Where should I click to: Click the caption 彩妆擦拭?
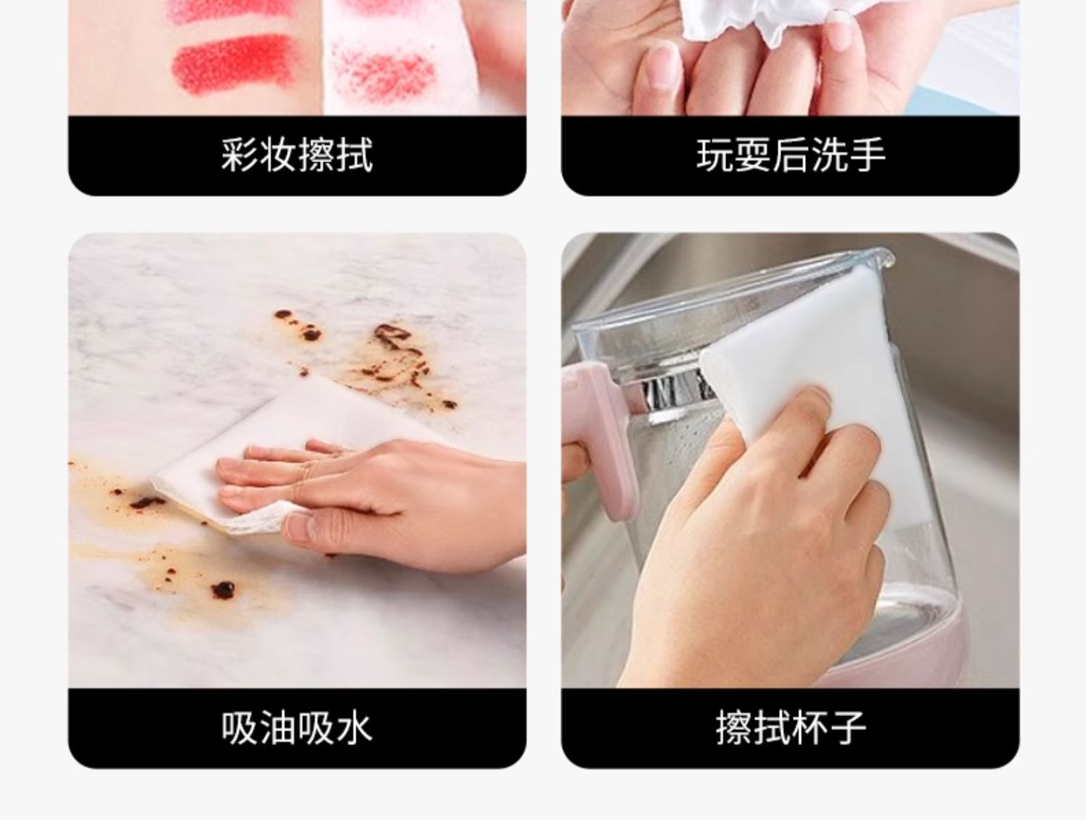pyautogui.click(x=297, y=156)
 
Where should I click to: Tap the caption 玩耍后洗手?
pyautogui.click(x=791, y=156)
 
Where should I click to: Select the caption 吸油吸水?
pyautogui.click(x=297, y=728)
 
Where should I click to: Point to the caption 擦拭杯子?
pyautogui.click(x=791, y=728)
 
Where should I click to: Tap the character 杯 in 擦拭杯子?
pyautogui.click(x=809, y=728)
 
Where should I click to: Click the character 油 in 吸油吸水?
pyautogui.click(x=278, y=728)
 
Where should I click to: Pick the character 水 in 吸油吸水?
pyautogui.click(x=354, y=728)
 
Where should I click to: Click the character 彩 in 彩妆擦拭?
pyautogui.click(x=240, y=156)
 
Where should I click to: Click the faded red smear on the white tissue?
pyautogui.click(x=382, y=72)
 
